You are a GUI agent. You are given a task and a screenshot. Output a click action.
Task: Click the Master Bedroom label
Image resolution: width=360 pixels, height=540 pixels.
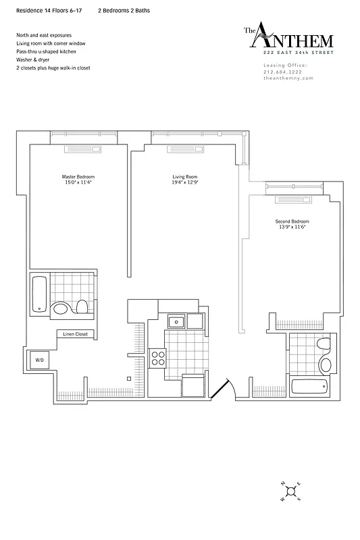(x=79, y=177)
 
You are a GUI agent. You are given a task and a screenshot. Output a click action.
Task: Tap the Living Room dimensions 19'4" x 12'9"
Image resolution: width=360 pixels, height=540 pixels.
(x=184, y=182)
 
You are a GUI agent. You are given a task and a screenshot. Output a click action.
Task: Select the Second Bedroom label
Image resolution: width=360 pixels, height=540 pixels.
(x=292, y=221)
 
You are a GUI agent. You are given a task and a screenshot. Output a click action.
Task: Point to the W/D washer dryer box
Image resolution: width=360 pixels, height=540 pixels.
(x=39, y=361)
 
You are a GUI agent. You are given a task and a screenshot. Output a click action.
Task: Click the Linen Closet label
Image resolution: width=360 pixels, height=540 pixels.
(x=76, y=334)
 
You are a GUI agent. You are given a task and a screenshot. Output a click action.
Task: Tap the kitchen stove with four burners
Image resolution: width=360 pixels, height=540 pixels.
(x=158, y=358)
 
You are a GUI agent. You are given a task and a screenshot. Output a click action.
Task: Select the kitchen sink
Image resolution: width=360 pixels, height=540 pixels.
(x=176, y=321)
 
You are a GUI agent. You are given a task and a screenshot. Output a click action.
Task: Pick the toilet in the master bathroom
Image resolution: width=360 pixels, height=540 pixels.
(x=82, y=307)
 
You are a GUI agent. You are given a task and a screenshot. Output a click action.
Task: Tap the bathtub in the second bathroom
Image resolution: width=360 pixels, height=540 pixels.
(x=309, y=387)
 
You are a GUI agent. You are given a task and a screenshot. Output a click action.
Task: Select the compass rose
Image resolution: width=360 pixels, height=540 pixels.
(x=290, y=491)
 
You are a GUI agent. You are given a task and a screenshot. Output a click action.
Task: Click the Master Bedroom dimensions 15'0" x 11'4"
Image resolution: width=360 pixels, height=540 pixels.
(x=79, y=182)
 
